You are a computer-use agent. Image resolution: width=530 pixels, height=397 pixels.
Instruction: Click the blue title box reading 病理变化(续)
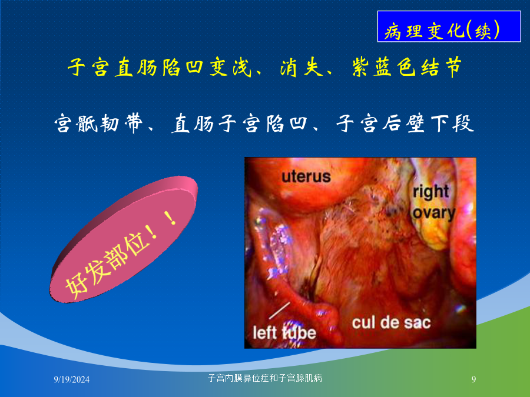click(449, 26)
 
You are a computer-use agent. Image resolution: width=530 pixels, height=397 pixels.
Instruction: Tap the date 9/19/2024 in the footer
click(72, 379)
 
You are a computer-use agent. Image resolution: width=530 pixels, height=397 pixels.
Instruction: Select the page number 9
click(473, 379)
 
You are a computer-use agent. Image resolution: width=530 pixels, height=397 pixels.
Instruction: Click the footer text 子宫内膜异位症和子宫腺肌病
click(264, 378)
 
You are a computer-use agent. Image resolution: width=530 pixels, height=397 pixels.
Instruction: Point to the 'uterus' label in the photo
click(306, 176)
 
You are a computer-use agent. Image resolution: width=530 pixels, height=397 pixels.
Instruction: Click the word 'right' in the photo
click(430, 192)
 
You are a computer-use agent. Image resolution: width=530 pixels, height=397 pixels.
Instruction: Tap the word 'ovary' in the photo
click(434, 213)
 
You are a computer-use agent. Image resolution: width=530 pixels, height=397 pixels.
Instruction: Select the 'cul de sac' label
click(391, 323)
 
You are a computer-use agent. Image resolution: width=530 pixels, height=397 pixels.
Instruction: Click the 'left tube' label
click(284, 333)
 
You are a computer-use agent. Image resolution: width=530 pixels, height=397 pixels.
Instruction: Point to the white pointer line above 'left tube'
click(280, 311)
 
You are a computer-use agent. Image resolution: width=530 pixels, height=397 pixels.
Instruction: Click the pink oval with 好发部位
click(124, 239)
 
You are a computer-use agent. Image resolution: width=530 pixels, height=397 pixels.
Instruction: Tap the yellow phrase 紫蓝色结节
click(406, 67)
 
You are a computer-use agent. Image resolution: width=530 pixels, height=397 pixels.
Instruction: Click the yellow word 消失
click(302, 67)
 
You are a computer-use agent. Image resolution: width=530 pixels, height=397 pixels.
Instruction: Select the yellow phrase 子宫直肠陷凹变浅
click(160, 67)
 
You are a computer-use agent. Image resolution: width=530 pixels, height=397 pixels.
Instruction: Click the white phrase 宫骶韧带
click(98, 124)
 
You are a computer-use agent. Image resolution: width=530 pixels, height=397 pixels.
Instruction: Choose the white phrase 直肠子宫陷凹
click(239, 124)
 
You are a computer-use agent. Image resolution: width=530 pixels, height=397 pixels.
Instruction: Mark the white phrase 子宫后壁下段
click(405, 124)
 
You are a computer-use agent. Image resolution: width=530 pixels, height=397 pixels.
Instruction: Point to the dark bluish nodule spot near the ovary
click(392, 211)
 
